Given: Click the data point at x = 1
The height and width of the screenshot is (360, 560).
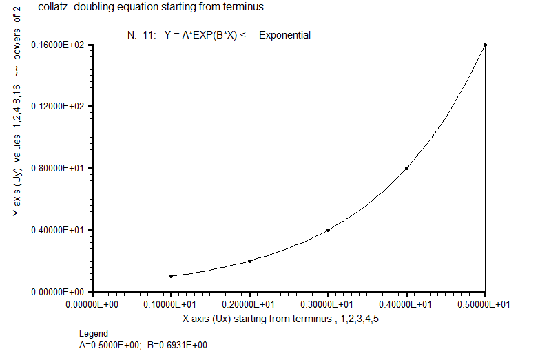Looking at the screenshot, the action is (171, 276).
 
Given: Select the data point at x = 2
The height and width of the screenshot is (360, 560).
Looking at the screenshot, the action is (249, 261).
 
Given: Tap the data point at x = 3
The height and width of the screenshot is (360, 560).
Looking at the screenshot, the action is (328, 230).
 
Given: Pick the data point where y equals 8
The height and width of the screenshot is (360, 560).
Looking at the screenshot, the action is (407, 168).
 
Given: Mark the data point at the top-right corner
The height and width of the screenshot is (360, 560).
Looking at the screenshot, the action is (485, 45).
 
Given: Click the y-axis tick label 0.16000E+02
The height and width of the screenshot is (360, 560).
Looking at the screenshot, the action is (57, 45).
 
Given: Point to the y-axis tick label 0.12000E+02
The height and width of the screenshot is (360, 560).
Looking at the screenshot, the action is (57, 106).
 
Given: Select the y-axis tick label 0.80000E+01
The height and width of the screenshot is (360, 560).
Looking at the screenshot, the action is (57, 168).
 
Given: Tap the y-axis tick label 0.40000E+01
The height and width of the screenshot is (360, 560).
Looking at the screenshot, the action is (57, 230).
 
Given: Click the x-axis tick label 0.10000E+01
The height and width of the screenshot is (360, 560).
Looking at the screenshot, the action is (169, 305).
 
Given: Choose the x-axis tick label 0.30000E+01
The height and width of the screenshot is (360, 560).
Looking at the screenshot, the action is (326, 305).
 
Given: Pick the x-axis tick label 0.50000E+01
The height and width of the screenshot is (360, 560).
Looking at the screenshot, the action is (484, 305).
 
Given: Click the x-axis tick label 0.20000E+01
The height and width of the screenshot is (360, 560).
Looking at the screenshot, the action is (248, 305).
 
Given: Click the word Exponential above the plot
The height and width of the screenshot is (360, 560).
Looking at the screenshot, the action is (284, 35).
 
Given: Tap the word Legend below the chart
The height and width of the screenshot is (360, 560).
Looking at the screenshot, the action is (94, 334).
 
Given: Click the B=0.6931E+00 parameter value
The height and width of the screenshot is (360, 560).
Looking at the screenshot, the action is (177, 345).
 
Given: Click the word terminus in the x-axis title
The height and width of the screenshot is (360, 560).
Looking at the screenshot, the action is (312, 319).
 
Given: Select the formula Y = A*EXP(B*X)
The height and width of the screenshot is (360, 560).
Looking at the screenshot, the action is (200, 35).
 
